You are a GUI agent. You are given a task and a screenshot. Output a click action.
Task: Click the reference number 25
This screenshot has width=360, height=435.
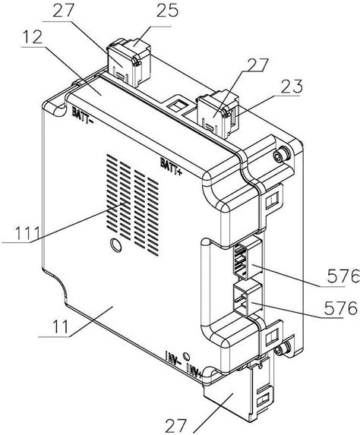click(167, 11)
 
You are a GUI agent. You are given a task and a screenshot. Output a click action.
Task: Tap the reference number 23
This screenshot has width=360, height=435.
click(291, 86)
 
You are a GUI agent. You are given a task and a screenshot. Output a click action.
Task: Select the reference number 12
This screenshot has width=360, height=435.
click(32, 37)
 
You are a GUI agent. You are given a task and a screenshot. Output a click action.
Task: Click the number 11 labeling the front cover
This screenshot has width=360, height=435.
click(60, 326)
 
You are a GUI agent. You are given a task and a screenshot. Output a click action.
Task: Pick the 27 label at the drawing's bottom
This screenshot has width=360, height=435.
click(175, 426)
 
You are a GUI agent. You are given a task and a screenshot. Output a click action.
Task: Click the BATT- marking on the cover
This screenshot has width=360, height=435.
click(83, 115)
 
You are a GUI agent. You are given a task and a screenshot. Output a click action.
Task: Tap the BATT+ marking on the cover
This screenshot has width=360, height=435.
click(171, 166)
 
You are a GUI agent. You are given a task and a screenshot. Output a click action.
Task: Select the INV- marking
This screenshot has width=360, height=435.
click(173, 358)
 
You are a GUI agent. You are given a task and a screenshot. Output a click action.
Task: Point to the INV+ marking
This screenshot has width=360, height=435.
click(195, 369)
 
